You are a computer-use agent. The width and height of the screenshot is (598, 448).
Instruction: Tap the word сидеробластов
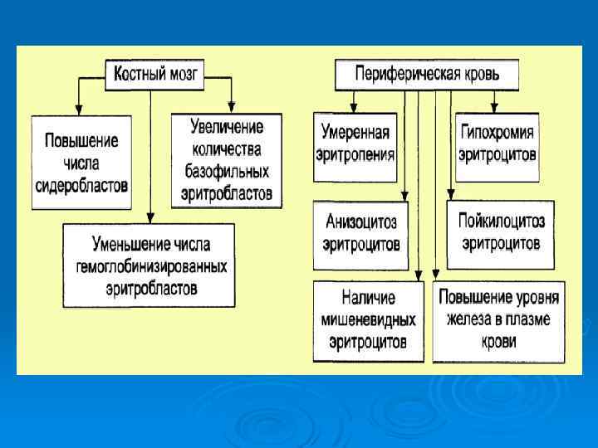(81, 184)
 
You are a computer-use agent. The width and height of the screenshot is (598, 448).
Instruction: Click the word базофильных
(227, 172)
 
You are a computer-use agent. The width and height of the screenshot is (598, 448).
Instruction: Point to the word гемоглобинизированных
(151, 266)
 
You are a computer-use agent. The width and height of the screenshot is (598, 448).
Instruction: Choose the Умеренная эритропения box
(355, 143)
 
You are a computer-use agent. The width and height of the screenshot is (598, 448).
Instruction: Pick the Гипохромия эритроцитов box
(497, 143)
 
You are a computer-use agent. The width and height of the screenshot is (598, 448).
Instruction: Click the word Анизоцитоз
(361, 223)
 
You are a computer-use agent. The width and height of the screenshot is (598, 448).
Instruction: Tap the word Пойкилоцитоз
(502, 222)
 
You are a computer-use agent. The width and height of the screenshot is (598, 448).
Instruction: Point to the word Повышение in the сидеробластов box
(81, 140)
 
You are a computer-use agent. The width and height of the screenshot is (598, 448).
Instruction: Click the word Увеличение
(227, 128)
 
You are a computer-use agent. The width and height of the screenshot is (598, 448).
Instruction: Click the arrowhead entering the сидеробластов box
(77, 110)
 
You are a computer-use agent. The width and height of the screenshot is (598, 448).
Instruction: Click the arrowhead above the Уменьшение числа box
(149, 218)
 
